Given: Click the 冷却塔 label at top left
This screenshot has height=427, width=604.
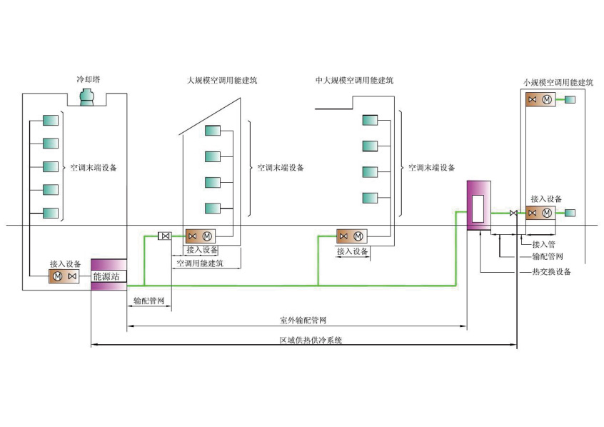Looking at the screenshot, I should [89, 80].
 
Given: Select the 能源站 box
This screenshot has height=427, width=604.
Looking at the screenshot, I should [109, 276].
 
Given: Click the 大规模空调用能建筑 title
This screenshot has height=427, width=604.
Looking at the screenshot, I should [218, 81].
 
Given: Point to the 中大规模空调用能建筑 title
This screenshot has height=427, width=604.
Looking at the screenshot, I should [353, 81].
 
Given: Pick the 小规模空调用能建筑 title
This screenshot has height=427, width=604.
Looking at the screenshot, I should [558, 83].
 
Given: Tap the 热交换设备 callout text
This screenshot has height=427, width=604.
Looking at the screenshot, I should [551, 272].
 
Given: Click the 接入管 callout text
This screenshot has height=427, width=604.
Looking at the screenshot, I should [544, 243].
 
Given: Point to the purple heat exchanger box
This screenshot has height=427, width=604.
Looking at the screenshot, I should [478, 206].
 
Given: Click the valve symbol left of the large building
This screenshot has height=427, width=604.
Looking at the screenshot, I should [164, 236].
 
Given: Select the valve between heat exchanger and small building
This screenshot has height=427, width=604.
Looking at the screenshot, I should [513, 213].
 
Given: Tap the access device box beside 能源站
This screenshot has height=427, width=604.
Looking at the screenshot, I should [64, 276].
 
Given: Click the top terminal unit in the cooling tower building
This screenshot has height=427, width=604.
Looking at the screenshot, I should [50, 120].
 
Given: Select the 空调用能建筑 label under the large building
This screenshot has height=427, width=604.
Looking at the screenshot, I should [200, 263].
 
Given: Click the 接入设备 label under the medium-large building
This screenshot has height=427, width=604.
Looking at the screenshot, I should [353, 251].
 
